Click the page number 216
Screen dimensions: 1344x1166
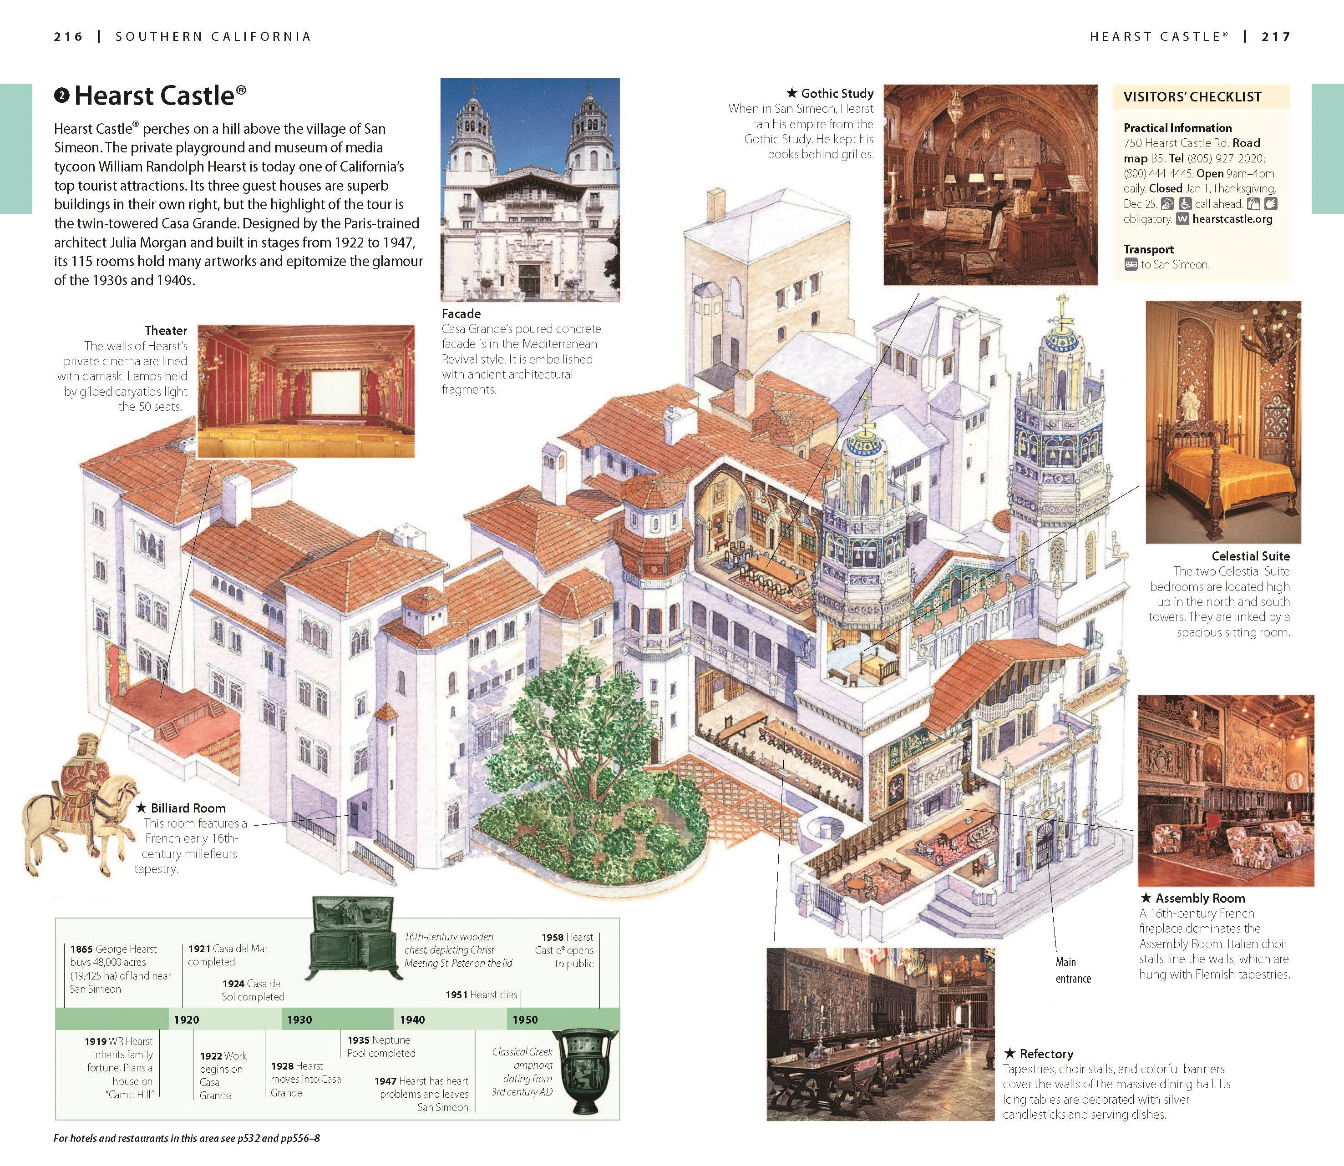click(x=68, y=36)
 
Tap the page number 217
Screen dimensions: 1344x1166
click(x=1276, y=36)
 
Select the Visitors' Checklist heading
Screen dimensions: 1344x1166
click(x=1192, y=97)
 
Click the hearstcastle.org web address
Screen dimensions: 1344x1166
click(x=1232, y=219)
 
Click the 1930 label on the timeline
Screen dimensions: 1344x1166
click(x=299, y=1020)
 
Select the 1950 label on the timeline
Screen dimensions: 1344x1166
click(x=525, y=1020)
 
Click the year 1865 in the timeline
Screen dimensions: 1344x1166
click(x=81, y=949)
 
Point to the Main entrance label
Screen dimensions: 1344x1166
click(x=1073, y=970)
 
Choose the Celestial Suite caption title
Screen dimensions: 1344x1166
click(x=1250, y=555)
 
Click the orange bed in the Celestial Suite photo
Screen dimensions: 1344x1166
click(x=1223, y=475)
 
